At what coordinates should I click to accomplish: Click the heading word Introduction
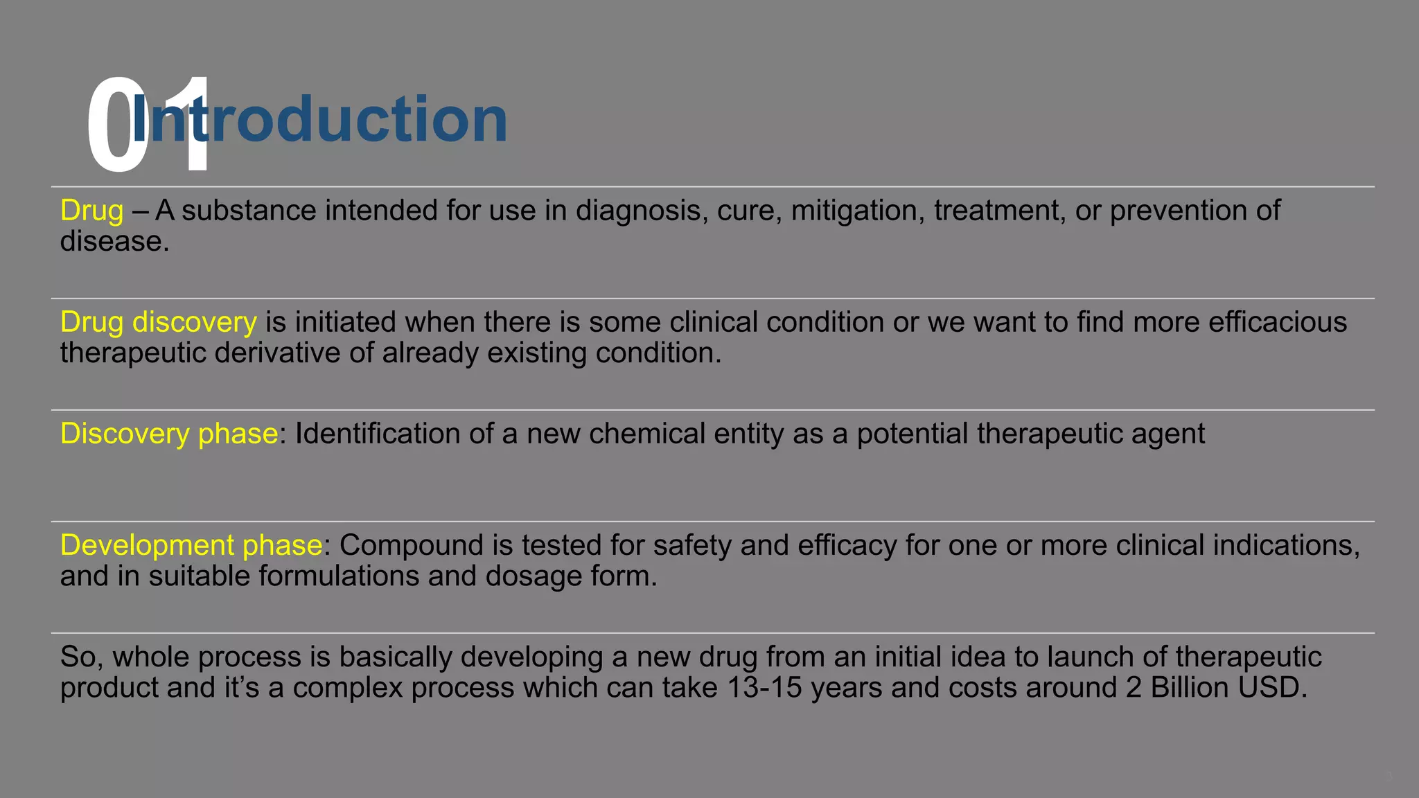click(319, 119)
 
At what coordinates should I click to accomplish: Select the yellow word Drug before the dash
click(91, 211)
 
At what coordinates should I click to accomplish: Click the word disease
click(114, 242)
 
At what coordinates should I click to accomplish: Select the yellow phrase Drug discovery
click(158, 322)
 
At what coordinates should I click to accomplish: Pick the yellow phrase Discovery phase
click(169, 434)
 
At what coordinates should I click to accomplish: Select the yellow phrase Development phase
click(191, 545)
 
